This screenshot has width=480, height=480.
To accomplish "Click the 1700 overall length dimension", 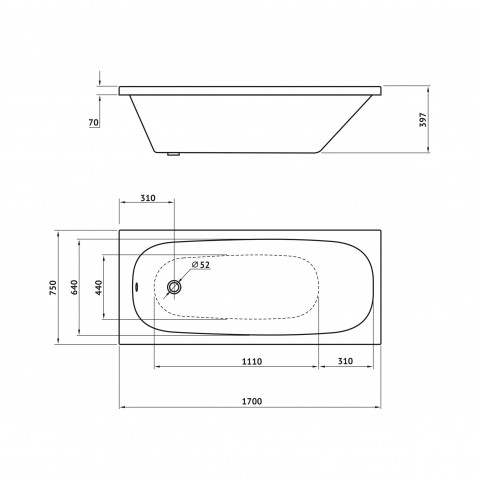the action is pos(252,401).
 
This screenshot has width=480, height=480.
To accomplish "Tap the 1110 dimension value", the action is pos(252,361).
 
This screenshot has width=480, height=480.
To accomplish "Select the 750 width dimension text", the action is pos(53,288).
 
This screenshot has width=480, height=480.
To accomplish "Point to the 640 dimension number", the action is pos(74,287).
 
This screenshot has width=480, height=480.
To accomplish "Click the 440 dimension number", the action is pos(99,287).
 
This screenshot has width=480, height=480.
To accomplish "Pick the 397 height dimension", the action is pos(423,120).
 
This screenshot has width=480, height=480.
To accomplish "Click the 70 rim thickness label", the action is pos(94,123).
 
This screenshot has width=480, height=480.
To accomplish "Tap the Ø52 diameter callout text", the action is pos(201,265).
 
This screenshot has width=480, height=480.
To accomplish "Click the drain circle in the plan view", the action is pos(174,287).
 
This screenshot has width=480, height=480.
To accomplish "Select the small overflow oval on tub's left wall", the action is pos(137,287).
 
